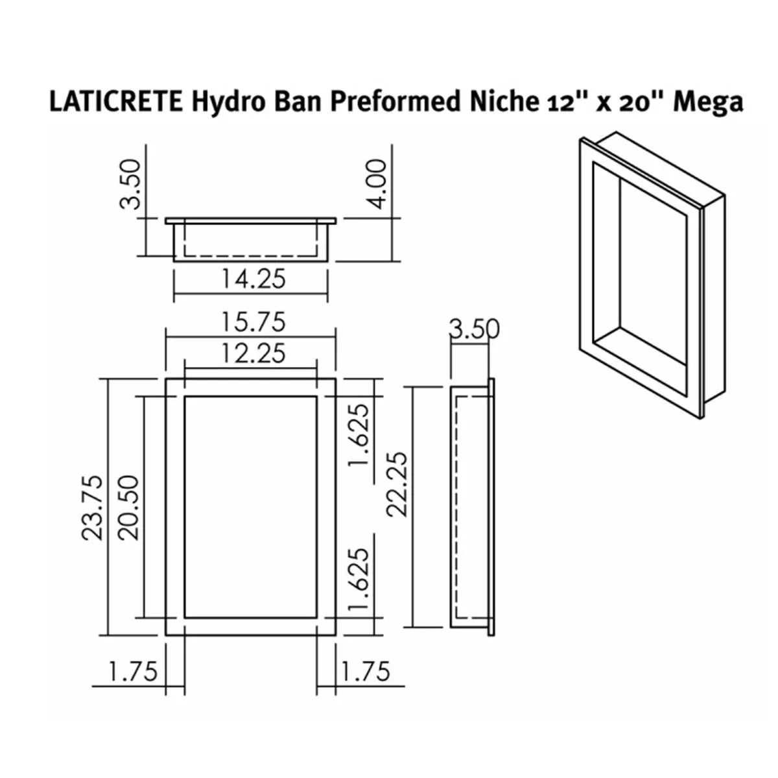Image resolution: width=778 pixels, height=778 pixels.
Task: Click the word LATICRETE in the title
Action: click(115, 102)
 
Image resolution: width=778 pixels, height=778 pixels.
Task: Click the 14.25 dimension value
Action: click(253, 279)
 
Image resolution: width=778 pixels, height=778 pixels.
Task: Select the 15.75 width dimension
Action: click(253, 322)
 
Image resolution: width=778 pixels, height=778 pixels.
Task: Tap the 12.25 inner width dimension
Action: click(253, 353)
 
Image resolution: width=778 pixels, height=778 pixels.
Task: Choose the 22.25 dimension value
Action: click(396, 484)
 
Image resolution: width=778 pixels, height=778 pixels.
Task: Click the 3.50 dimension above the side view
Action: click(474, 330)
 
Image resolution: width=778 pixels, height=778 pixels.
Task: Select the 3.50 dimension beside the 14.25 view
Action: click(131, 184)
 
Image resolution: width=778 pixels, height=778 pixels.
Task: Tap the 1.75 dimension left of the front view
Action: click(133, 672)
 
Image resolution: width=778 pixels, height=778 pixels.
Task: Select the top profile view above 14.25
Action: click(251, 240)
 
